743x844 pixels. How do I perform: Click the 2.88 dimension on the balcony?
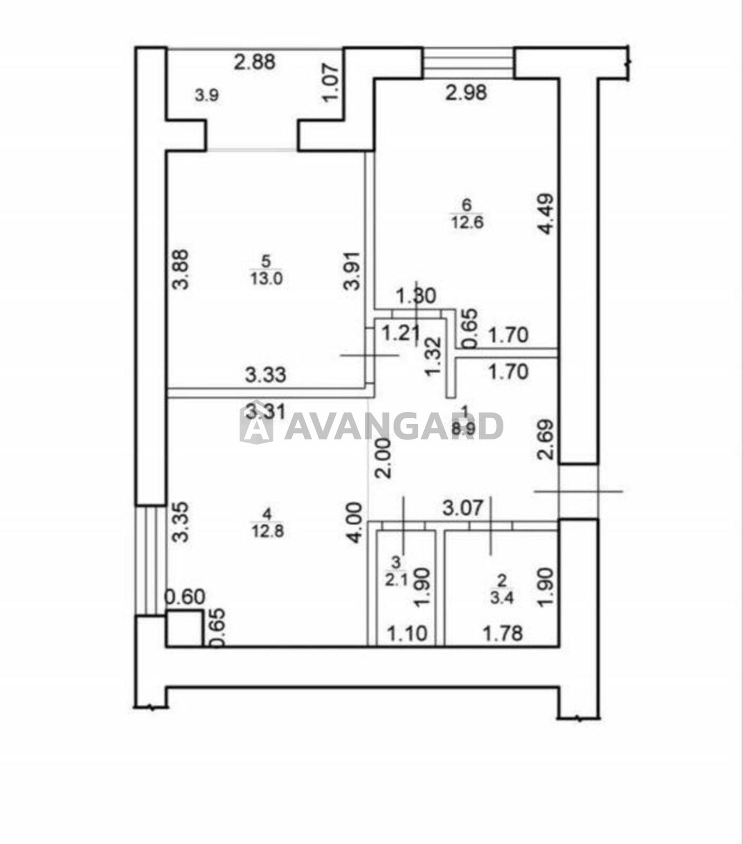point(255,62)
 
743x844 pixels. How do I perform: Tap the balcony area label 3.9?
point(207,95)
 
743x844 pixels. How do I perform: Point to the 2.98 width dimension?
point(466,93)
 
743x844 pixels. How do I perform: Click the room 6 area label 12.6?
point(467,222)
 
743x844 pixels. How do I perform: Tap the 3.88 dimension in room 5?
point(180,269)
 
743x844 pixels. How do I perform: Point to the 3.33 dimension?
point(266,375)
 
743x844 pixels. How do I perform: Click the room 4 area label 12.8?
point(268,530)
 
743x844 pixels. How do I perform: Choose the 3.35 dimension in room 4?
point(180,522)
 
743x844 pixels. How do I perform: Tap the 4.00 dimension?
point(354,522)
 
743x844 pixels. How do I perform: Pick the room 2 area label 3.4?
point(502,598)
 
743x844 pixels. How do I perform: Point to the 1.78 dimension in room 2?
point(503,633)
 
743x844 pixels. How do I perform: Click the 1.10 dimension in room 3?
point(407,633)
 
